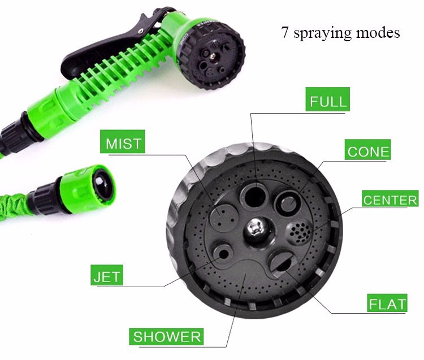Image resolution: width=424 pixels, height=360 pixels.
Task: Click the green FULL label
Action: coord(327,99)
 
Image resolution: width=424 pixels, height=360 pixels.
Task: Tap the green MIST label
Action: coord(123,142)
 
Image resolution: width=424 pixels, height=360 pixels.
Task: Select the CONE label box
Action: coord(368,150)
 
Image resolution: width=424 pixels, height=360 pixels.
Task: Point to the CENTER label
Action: coord(390,198)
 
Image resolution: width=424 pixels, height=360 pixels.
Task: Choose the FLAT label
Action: coord(387,303)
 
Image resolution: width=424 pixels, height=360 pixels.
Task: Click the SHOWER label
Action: coord(166,336)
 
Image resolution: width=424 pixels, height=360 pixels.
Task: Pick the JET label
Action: coord(107,275)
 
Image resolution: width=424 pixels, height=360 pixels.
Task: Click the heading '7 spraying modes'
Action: coord(340,32)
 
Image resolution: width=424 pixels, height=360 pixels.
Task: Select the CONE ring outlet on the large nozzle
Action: coord(287,203)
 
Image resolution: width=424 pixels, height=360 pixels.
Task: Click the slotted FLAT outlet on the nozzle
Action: coord(281,262)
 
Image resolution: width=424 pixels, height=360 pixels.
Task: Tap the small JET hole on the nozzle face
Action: coord(223,254)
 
